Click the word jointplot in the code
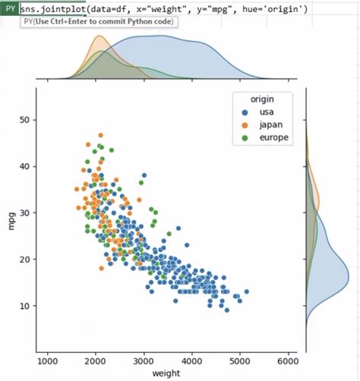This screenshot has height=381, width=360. point(68,9)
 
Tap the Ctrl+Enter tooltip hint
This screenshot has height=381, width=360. point(99,22)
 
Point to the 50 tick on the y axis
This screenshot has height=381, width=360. point(24,120)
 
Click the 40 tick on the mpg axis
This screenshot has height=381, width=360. point(24,166)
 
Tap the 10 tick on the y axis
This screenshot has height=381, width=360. point(24,306)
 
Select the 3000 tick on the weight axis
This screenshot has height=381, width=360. point(144,362)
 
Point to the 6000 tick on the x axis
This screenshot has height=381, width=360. point(288,362)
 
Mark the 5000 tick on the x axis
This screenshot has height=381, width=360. point(240,362)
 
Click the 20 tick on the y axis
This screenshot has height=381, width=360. point(24,260)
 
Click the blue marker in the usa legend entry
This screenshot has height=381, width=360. point(245,113)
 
